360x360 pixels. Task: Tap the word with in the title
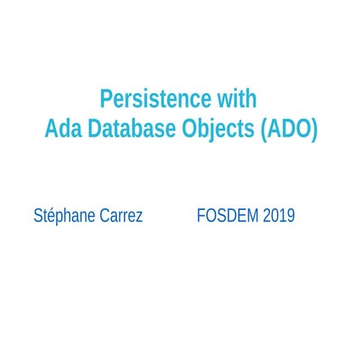coord(236,100)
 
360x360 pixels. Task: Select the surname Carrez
coord(121,216)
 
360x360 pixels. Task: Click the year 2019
coord(279,216)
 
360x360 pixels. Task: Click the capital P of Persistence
coord(106,100)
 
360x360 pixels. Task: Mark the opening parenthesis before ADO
coord(262,129)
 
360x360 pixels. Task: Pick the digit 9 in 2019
coord(290,216)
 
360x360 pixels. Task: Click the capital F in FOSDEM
coord(200,216)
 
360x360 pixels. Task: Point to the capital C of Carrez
coord(104,216)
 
